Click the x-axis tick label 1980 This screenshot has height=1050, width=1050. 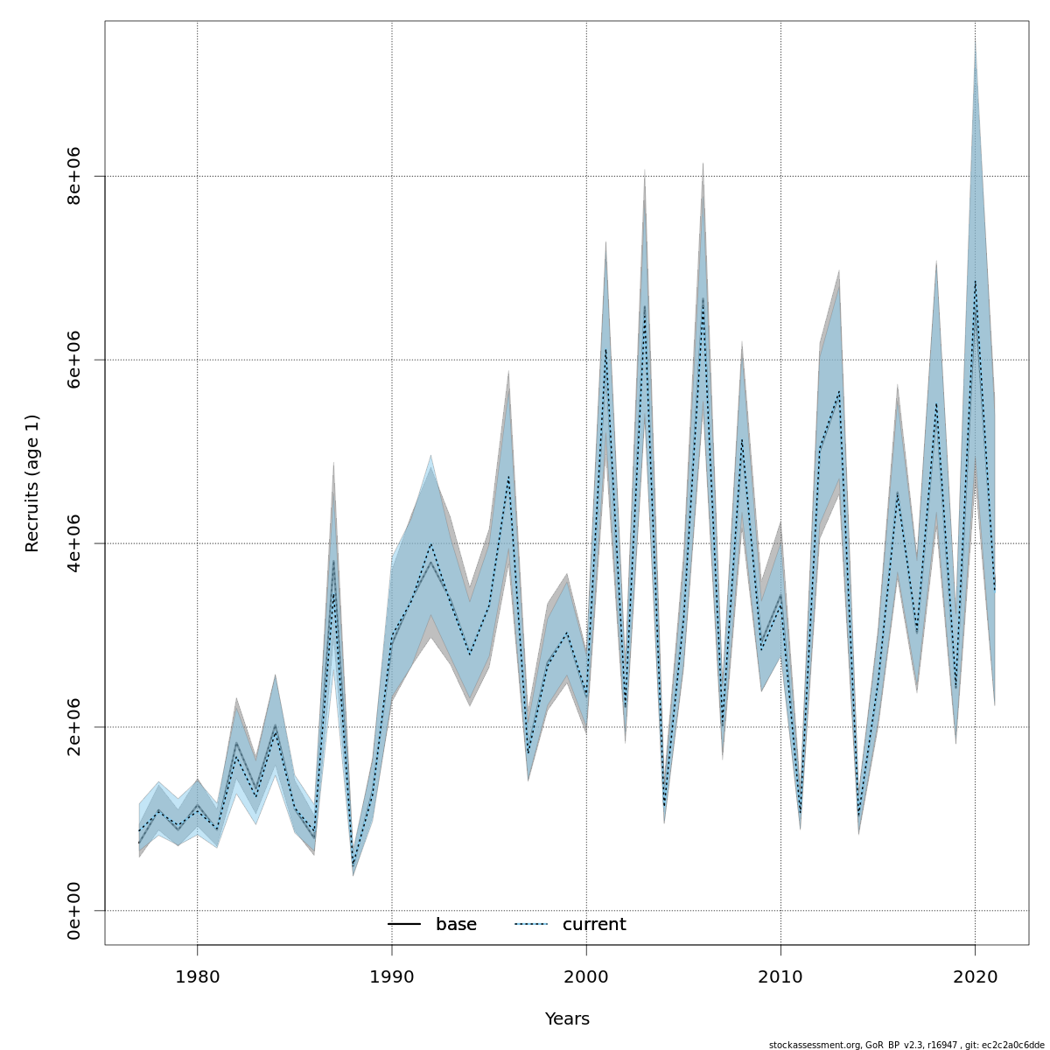click(x=197, y=976)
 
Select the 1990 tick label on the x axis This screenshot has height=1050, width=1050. click(x=391, y=976)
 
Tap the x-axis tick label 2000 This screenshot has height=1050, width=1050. click(x=585, y=976)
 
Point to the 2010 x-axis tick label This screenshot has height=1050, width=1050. click(x=780, y=976)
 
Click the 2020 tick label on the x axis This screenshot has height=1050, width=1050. click(x=975, y=976)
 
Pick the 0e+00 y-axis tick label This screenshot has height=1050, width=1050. click(x=75, y=911)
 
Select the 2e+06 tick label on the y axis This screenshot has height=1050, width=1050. click(x=75, y=727)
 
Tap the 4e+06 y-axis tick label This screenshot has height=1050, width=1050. click(x=75, y=543)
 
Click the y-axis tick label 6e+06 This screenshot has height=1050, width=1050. click(x=75, y=360)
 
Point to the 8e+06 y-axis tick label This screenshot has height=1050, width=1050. click(x=75, y=176)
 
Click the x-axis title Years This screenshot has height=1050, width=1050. click(x=567, y=1019)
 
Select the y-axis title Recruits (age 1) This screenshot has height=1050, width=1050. click(x=32, y=483)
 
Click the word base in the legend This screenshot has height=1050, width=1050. click(x=456, y=925)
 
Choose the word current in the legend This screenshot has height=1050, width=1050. click(x=594, y=925)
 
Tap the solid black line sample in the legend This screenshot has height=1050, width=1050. click(x=404, y=925)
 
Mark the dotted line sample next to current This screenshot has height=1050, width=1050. click(x=530, y=925)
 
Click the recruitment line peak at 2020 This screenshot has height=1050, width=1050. click(x=975, y=281)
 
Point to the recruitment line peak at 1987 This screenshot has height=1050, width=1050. click(x=333, y=564)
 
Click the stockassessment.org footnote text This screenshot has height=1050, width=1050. click(x=906, y=1045)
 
